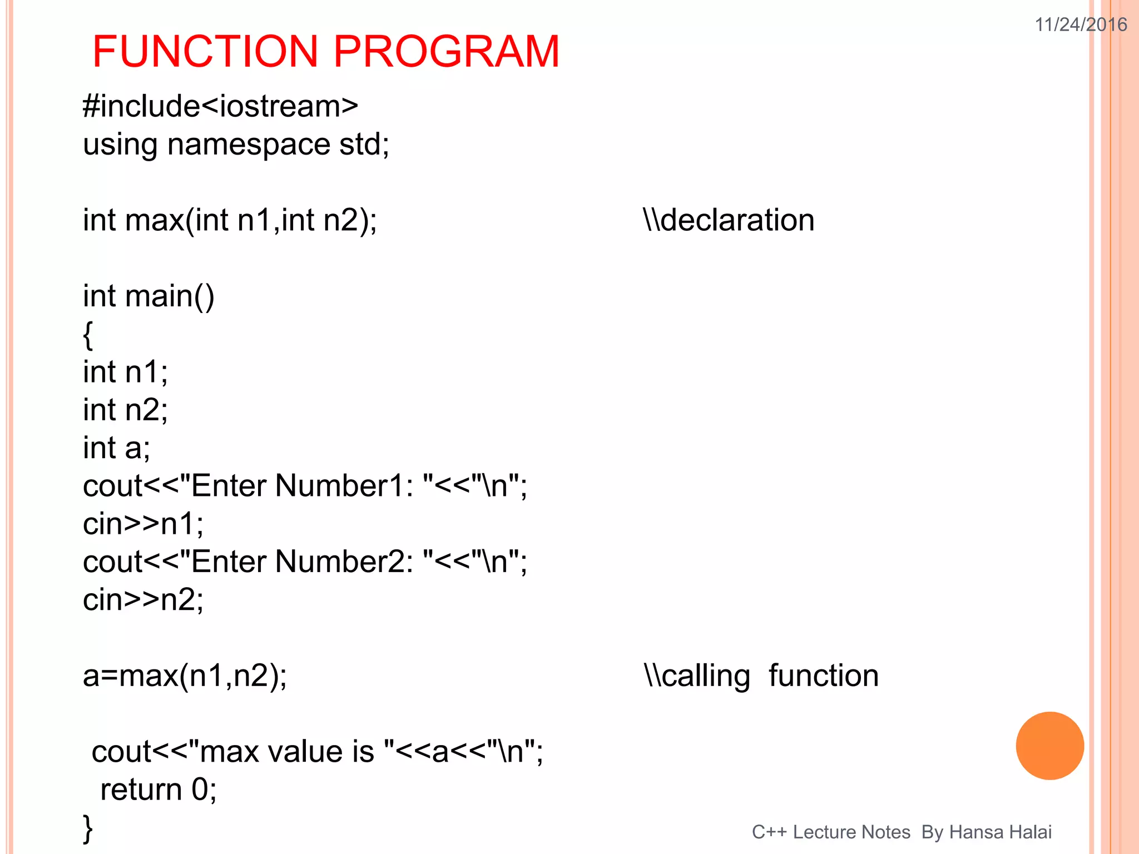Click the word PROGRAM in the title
[x=446, y=52]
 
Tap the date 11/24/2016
[x=1081, y=24]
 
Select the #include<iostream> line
[x=220, y=106]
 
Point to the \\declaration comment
[x=729, y=220]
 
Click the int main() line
[x=148, y=296]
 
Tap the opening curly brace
[x=88, y=335]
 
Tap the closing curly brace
[x=88, y=828]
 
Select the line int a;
[x=116, y=448]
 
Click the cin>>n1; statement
[x=143, y=524]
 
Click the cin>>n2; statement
[x=143, y=600]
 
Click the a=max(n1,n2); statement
[x=185, y=676]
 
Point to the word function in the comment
[x=823, y=676]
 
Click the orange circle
[x=1049, y=746]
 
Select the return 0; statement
[x=158, y=790]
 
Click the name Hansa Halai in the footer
[x=1000, y=832]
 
